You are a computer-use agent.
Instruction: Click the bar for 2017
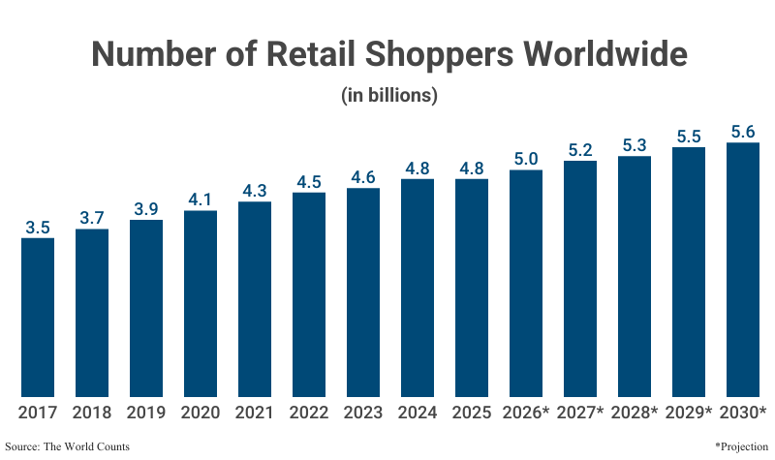tap(38, 317)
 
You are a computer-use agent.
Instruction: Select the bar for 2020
tap(201, 303)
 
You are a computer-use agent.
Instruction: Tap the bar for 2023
tap(363, 291)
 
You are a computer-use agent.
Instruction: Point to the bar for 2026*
tap(526, 283)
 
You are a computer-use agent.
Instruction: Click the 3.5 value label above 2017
tap(38, 228)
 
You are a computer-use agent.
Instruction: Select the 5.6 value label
tap(743, 133)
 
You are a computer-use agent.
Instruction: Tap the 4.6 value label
tap(363, 177)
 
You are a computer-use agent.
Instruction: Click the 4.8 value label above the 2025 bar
tap(472, 169)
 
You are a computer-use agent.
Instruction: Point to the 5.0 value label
tap(526, 160)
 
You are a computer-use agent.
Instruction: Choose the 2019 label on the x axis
tap(146, 413)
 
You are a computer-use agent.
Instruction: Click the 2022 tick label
tap(309, 413)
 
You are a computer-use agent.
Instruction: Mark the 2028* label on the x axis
tap(635, 413)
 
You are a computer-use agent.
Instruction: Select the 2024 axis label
tap(418, 413)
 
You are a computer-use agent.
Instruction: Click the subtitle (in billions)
tap(389, 96)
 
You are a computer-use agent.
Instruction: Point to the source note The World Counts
tap(67, 446)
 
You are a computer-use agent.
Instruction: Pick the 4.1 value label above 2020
tap(201, 200)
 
